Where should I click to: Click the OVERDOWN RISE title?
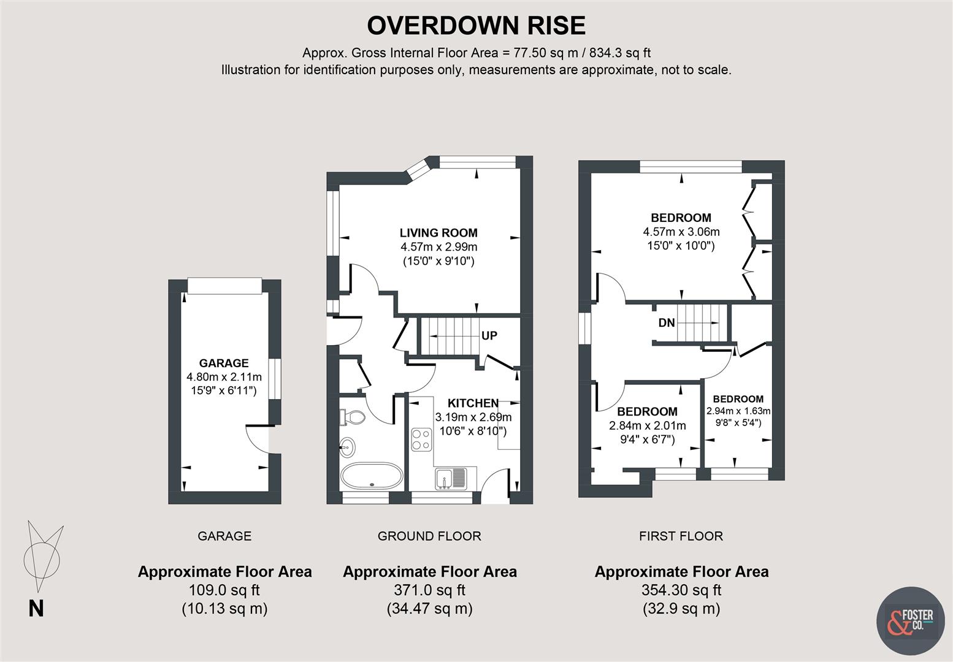click(x=476, y=26)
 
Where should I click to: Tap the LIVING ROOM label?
click(x=438, y=233)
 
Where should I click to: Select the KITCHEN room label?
click(x=473, y=403)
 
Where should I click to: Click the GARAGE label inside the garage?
click(x=224, y=363)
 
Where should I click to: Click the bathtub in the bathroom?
click(x=371, y=476)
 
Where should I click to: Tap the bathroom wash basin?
click(x=347, y=447)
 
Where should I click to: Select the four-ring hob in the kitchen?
click(x=421, y=439)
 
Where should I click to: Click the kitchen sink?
click(x=450, y=478)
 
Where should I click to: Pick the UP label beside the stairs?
click(x=489, y=336)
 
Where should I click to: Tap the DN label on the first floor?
click(x=666, y=322)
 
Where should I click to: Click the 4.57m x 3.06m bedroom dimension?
click(x=681, y=232)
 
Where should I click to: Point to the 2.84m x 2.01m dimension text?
click(x=647, y=426)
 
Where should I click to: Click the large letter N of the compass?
click(x=36, y=609)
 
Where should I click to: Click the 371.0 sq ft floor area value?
click(x=429, y=590)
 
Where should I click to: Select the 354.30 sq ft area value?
click(x=681, y=590)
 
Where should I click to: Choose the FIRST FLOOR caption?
click(x=681, y=536)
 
